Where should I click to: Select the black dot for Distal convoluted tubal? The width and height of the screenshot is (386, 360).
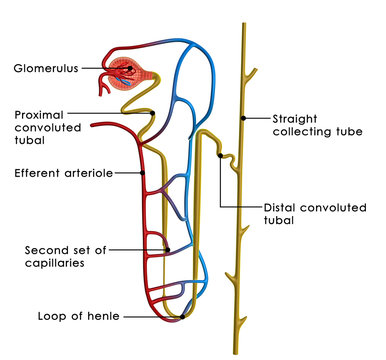pyautogui.click(x=219, y=155)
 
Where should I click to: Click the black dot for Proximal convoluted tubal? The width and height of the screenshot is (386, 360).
pyautogui.click(x=151, y=113)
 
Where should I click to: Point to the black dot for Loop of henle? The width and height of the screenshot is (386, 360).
pyautogui.click(x=156, y=317)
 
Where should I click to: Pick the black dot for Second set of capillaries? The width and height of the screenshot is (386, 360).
pyautogui.click(x=167, y=249)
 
